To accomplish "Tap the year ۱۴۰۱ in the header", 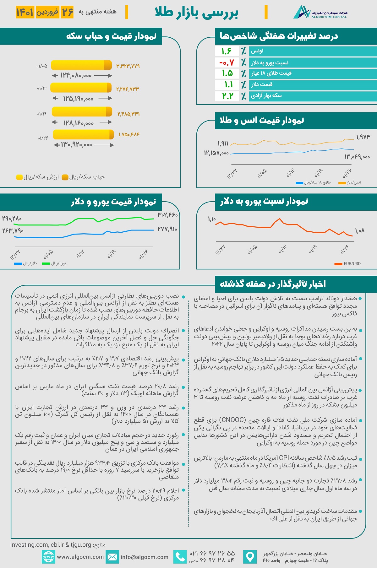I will [25, 12].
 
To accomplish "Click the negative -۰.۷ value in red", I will [227, 62].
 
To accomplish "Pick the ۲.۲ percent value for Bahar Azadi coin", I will [227, 96].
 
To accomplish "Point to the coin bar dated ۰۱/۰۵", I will [81, 65].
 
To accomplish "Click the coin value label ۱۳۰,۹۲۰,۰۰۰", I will [76, 145].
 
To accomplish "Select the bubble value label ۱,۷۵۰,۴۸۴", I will [129, 135].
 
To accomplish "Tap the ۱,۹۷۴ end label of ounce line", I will [363, 137].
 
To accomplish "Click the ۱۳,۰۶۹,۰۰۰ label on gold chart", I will [357, 157].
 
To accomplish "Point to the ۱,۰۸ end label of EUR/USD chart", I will [360, 231].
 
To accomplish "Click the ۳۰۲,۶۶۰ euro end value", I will [167, 215].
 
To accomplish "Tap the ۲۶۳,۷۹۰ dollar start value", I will [13, 231].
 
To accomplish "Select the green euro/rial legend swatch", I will [46, 264].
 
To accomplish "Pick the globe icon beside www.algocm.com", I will [48, 557].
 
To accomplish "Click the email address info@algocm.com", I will [145, 557].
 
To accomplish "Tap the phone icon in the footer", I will [180, 557].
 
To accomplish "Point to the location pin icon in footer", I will [250, 557].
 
